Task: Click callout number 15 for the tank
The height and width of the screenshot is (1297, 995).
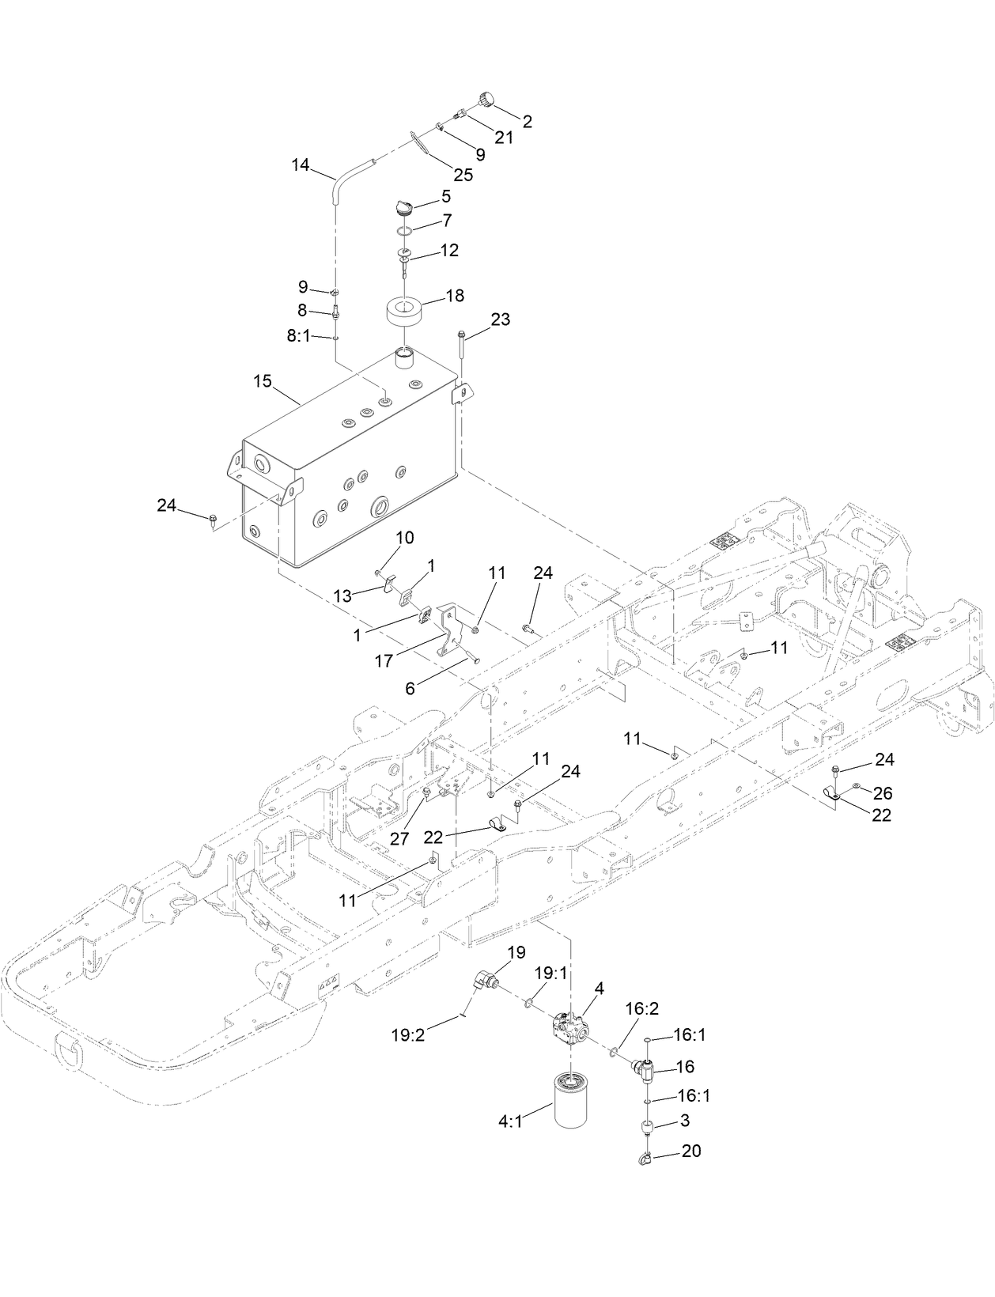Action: coord(263,381)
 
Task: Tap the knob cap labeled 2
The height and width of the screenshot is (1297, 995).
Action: coord(485,99)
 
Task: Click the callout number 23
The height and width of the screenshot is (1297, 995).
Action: coord(500,320)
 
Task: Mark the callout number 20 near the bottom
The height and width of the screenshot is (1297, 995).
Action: coord(690,1151)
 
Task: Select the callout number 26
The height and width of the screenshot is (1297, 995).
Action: coord(882,793)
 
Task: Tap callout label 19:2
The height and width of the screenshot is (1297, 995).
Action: coord(407,1034)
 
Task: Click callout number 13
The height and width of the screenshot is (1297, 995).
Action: coord(342,596)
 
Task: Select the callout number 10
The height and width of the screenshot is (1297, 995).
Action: coord(404,538)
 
